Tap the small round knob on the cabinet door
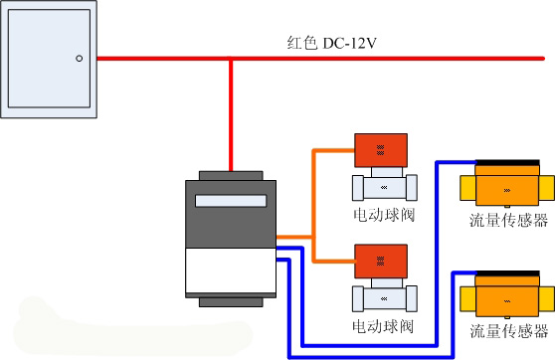(79, 60)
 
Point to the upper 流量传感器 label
(508, 221)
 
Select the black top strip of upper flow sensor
(507, 163)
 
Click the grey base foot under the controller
(231, 301)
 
